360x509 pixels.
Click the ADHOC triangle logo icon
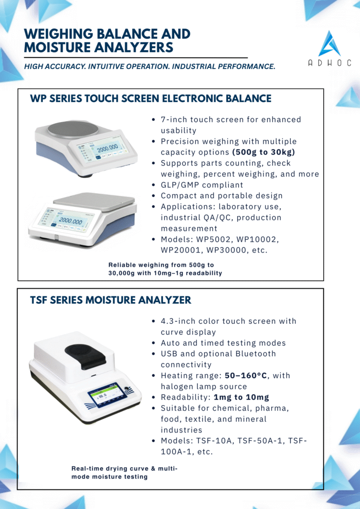point(330,44)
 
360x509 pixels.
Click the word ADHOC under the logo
point(330,63)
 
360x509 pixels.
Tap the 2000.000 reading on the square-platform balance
point(71,221)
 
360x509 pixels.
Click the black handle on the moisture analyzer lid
point(85,357)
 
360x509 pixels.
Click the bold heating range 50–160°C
point(246,376)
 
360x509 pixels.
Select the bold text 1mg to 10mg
point(242,397)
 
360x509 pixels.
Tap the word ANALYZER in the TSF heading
point(165,300)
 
